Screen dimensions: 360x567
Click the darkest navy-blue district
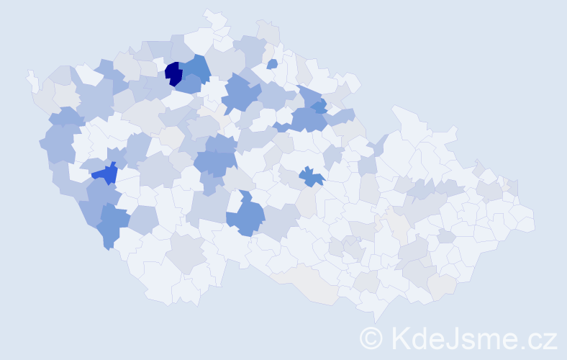pos(173,73)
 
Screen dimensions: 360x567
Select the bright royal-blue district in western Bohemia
pos(105,172)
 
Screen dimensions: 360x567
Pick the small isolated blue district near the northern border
pos(272,64)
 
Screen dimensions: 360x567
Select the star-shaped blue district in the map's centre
pos(310,176)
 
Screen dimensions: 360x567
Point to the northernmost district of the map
pos(212,16)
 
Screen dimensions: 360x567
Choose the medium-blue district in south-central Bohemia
pos(247,216)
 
